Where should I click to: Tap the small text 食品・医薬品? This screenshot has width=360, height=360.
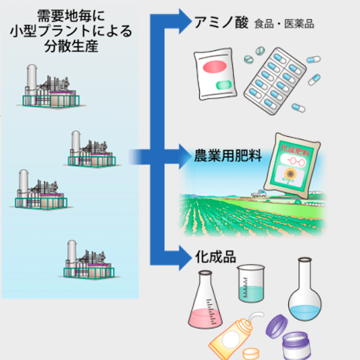coord(284,24)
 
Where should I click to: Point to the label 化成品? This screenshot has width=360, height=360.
coord(214,257)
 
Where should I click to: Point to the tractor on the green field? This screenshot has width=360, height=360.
coord(257,193)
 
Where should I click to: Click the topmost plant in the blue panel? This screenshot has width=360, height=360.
coord(50,88)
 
